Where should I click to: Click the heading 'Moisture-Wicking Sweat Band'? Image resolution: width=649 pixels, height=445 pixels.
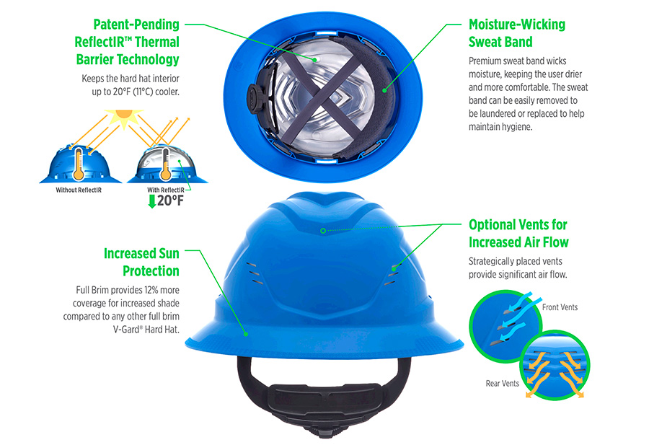click(x=517, y=33)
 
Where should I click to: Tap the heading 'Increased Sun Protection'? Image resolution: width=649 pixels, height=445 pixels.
click(x=141, y=262)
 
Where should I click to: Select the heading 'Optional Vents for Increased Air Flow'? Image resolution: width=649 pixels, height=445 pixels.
click(x=518, y=234)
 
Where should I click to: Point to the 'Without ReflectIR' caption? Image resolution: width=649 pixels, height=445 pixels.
click(x=79, y=190)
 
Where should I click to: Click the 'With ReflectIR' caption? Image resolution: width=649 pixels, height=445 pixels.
click(x=166, y=190)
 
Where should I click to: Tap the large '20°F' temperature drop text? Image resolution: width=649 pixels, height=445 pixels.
click(x=170, y=201)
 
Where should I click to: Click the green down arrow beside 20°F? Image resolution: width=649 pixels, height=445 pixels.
click(x=152, y=201)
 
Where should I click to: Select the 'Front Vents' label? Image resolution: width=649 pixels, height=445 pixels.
click(x=560, y=307)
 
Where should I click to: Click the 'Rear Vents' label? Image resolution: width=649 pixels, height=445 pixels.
click(x=502, y=384)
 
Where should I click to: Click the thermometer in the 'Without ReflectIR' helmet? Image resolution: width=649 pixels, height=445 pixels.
click(x=78, y=164)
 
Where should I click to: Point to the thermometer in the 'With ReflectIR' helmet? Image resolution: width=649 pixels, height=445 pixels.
click(x=166, y=164)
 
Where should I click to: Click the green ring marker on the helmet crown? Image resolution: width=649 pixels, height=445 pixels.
click(x=323, y=231)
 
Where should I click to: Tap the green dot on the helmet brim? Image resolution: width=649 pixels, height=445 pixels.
click(x=246, y=334)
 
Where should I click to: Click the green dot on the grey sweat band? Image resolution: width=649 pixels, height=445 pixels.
click(x=384, y=90)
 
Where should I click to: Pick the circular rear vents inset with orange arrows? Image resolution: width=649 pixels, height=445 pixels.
click(x=555, y=366)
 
